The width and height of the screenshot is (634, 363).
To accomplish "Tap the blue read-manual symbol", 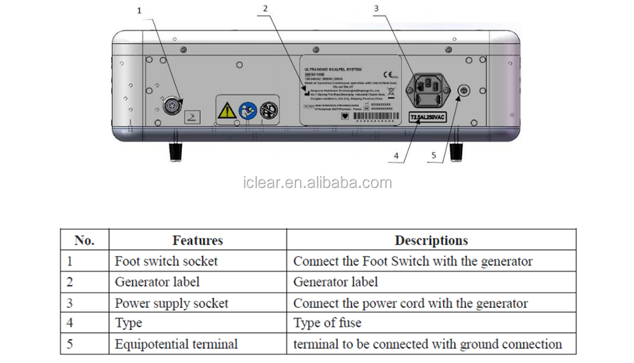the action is (x=248, y=111).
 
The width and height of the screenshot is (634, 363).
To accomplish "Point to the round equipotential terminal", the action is (x=463, y=92).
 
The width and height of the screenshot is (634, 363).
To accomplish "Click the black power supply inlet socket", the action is (x=431, y=90).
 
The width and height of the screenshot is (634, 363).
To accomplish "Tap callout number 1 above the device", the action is (x=139, y=10).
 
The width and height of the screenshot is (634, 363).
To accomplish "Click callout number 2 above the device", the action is (x=265, y=8).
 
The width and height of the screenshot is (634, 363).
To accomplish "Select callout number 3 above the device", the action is (x=376, y=8).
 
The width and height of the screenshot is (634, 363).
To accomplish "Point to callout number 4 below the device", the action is (x=396, y=155).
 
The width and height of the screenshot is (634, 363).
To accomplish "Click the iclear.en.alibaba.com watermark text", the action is (x=318, y=183).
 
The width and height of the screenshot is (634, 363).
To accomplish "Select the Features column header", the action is (x=197, y=240).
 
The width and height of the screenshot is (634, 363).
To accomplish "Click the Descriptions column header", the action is (x=431, y=240).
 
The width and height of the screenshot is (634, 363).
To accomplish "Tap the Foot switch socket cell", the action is (x=166, y=261).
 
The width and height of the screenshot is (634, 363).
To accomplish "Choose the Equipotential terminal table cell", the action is (x=176, y=344).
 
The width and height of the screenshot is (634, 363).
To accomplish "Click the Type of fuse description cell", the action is (x=327, y=323).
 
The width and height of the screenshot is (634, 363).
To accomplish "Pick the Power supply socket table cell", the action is (x=171, y=303).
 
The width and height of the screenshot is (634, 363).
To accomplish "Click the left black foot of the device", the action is (x=175, y=151).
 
